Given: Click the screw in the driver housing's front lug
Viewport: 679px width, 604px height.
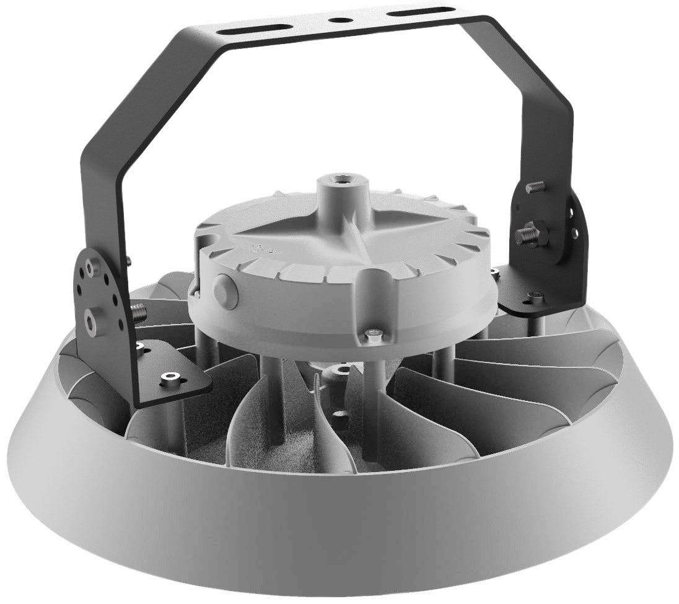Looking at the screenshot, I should click(x=374, y=335).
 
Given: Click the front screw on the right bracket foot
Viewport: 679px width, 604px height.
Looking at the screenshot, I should click(x=535, y=299).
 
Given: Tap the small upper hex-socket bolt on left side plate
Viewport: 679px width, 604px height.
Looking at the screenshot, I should click(x=93, y=268).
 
